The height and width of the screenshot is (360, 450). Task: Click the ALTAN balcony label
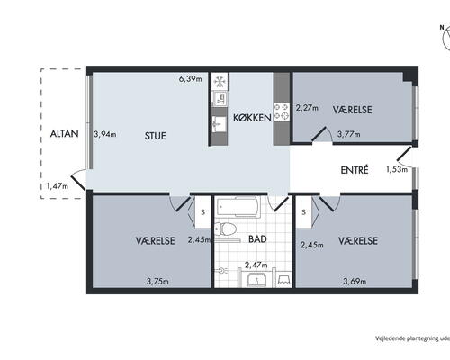click(x=65, y=133)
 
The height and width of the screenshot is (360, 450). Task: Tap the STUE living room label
click(x=155, y=136)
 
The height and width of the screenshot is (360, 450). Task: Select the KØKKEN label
click(x=252, y=118)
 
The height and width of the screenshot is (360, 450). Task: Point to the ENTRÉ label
click(x=355, y=170)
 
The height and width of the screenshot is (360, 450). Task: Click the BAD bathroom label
click(x=257, y=239)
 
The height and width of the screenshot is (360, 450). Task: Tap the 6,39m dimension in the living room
click(x=191, y=79)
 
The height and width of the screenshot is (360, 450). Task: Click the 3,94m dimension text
click(x=105, y=134)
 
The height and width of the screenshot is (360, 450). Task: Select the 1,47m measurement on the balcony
click(x=58, y=186)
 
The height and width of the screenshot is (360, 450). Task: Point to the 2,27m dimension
click(x=307, y=108)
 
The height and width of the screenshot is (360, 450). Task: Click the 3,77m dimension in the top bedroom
click(x=349, y=134)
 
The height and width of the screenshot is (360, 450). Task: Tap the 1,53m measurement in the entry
click(x=397, y=169)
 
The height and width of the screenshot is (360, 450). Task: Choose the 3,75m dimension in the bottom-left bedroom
click(x=157, y=282)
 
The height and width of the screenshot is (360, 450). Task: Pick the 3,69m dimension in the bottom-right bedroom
click(x=355, y=282)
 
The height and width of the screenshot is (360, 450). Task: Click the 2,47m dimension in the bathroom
click(x=256, y=265)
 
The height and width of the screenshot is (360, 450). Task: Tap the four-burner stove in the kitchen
click(x=282, y=112)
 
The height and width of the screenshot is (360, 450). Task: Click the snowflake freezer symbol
click(x=220, y=81)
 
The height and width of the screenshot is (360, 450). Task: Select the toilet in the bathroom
click(x=225, y=229)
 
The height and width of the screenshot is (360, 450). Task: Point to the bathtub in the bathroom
click(x=238, y=207)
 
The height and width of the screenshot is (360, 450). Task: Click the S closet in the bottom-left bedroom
click(x=202, y=212)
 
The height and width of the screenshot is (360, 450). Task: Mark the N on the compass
click(x=442, y=27)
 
